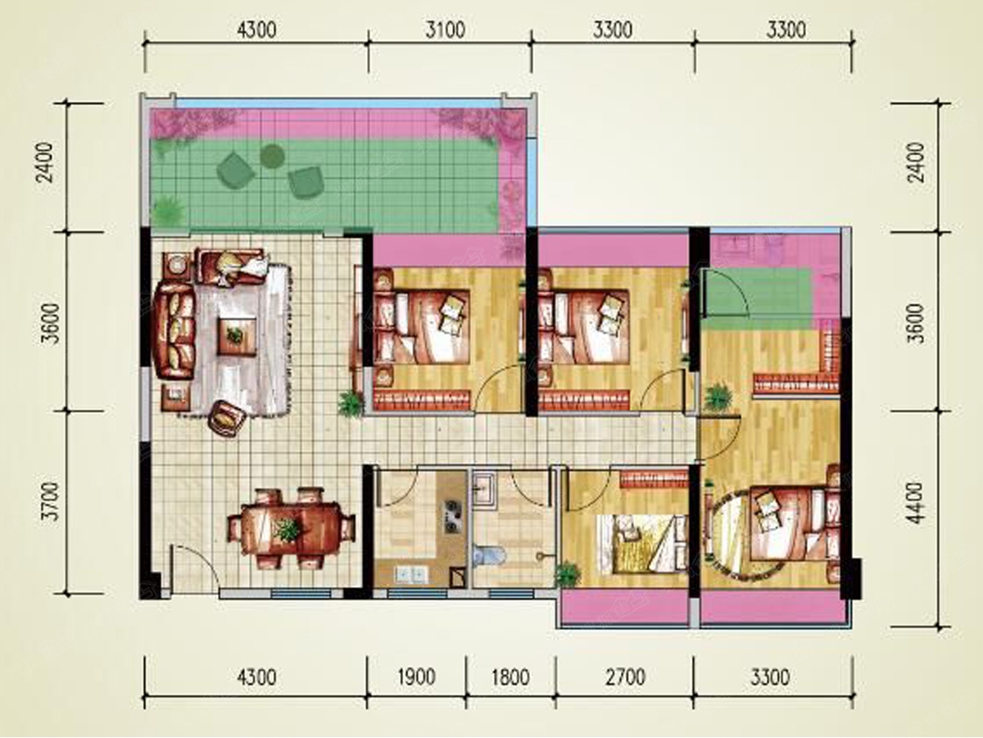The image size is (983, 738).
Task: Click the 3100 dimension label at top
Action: pyautogui.click(x=445, y=30)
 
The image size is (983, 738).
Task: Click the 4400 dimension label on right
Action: pyautogui.click(x=917, y=503)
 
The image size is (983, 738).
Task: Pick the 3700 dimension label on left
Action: pyautogui.click(x=51, y=501)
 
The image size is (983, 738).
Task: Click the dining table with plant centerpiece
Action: pyautogui.click(x=289, y=529)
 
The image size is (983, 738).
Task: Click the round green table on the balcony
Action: pyautogui.click(x=272, y=156)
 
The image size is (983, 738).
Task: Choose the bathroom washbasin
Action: pyautogui.click(x=483, y=490)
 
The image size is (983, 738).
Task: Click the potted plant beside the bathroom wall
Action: pyautogui.click(x=568, y=574)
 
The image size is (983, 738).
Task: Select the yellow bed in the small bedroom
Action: pyautogui.click(x=643, y=544)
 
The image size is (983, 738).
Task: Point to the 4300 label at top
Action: pyautogui.click(x=256, y=30)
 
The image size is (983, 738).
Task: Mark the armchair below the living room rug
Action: pyautogui.click(x=227, y=418)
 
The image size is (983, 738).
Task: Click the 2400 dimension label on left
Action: pyautogui.click(x=45, y=162)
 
